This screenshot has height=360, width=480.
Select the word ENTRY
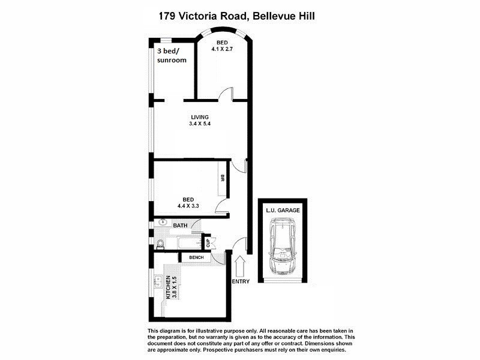click(240, 281)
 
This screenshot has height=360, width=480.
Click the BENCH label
click(196, 257)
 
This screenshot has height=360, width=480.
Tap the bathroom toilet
click(159, 243)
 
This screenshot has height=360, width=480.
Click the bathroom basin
click(161, 222)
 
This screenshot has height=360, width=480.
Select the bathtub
click(190, 244)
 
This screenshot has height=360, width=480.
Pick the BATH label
click(180, 226)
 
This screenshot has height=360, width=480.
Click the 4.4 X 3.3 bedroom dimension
click(188, 206)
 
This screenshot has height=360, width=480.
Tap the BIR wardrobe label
click(222, 178)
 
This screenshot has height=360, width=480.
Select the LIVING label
click(200, 117)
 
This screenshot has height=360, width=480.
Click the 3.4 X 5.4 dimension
click(200, 124)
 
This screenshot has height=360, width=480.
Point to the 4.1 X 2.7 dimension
click(222, 49)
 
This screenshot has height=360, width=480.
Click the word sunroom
click(172, 60)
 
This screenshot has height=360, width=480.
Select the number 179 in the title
click(167, 16)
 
